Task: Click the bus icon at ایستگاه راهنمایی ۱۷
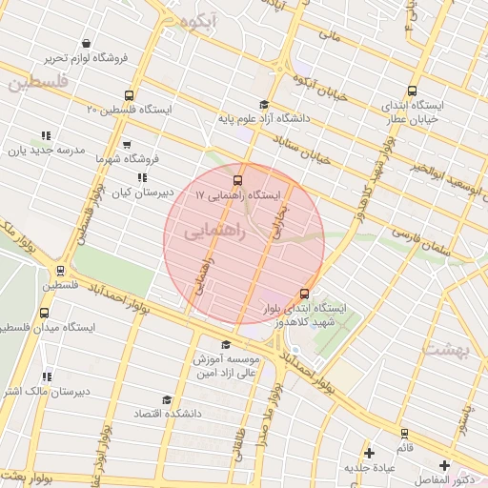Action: (x=236, y=178)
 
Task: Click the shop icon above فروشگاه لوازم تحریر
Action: (x=87, y=44)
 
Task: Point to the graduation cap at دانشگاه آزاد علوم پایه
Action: (x=263, y=105)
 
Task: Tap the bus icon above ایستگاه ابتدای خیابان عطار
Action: (x=411, y=85)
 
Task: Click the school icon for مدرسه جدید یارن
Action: (x=46, y=136)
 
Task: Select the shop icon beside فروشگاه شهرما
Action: (x=101, y=159)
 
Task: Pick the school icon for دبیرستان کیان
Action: (x=142, y=177)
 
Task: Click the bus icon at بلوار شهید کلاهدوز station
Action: (x=304, y=294)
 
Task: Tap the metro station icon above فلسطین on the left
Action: (x=60, y=271)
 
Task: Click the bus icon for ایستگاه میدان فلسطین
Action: (x=45, y=314)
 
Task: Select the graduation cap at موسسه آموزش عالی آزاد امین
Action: (x=225, y=346)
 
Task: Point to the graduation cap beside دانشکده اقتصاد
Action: (x=167, y=400)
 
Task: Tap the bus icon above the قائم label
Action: (x=403, y=433)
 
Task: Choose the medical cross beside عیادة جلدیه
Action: (x=369, y=452)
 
